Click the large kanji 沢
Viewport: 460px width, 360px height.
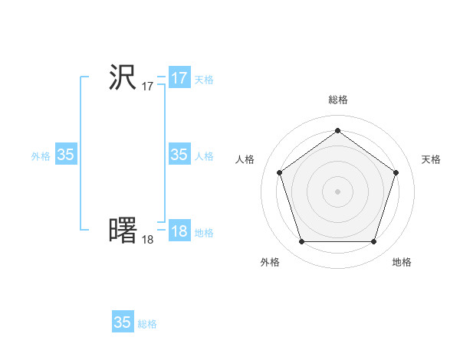pyautogui.click(x=123, y=78)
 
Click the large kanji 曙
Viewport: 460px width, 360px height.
pyautogui.click(x=123, y=231)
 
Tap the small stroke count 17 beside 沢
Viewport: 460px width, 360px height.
pyautogui.click(x=147, y=87)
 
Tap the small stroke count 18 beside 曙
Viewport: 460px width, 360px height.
pyautogui.click(x=147, y=239)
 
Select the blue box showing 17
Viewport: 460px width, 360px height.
pyautogui.click(x=179, y=78)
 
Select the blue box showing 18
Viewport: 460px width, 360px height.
pyautogui.click(x=179, y=231)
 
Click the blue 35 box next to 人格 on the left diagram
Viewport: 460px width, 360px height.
pyautogui.click(x=179, y=155)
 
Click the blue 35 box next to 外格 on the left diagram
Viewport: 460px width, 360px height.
pyautogui.click(x=66, y=155)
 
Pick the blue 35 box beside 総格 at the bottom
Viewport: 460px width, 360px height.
pyautogui.click(x=123, y=322)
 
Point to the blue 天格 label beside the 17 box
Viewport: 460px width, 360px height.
pyautogui.click(x=204, y=80)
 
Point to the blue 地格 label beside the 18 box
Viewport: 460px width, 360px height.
pyautogui.click(x=204, y=233)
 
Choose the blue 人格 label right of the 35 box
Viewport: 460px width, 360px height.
pyautogui.click(x=204, y=156)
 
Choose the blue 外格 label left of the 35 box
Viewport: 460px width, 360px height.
pyautogui.click(x=41, y=156)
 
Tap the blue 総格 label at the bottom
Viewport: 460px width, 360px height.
pyautogui.click(x=147, y=324)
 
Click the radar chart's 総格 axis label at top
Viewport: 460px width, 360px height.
pyautogui.click(x=337, y=100)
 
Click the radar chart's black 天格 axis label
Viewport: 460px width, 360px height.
pyautogui.click(x=432, y=159)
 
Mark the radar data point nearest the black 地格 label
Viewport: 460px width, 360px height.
pyautogui.click(x=373, y=242)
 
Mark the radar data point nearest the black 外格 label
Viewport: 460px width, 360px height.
pyautogui.click(x=301, y=242)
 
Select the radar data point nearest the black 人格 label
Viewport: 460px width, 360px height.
pyautogui.click(x=279, y=172)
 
